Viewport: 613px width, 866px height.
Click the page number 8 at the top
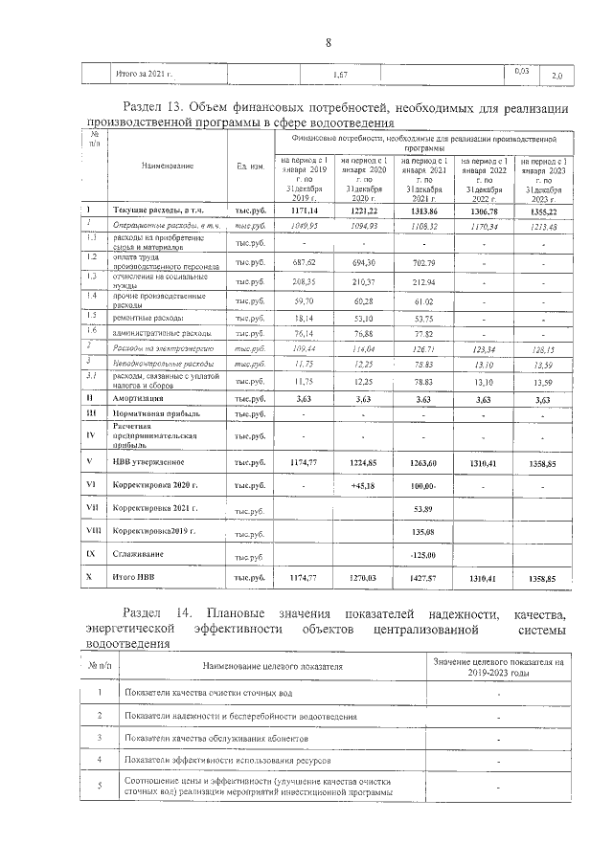[x=328, y=42]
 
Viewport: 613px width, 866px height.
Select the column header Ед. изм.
[x=250, y=166]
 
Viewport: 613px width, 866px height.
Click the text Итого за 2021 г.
[x=145, y=74]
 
